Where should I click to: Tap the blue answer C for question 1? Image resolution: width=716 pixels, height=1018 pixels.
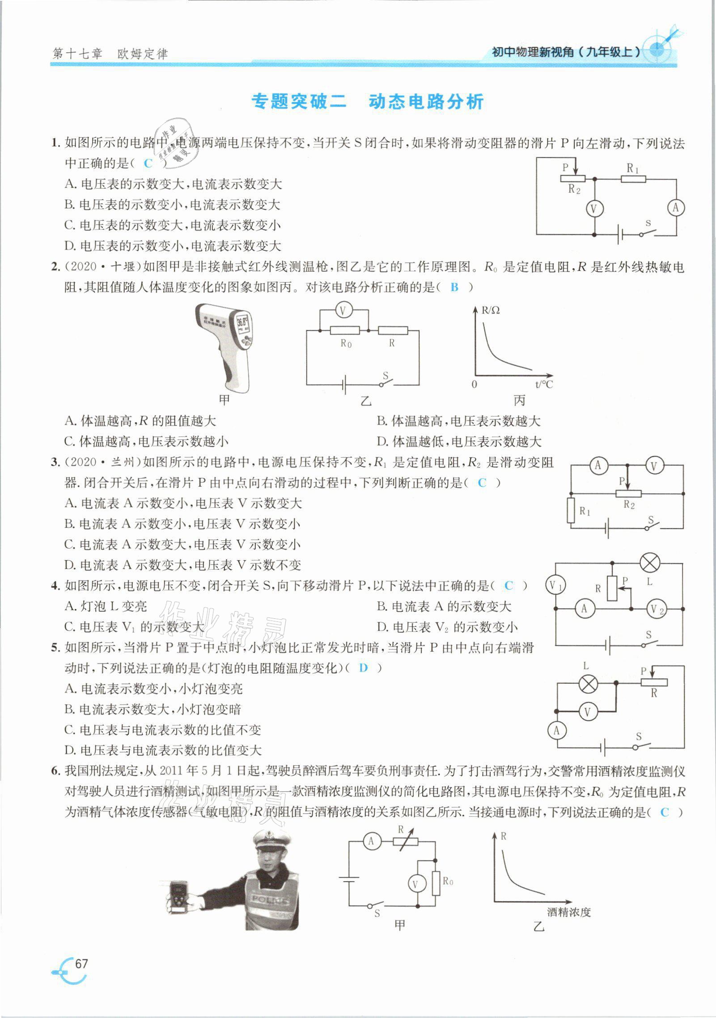[148, 164]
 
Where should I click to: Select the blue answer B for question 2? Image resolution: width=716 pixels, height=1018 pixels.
[454, 287]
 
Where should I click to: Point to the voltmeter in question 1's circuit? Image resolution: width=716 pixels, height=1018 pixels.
[594, 208]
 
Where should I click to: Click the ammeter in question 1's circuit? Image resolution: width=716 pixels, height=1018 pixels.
[675, 207]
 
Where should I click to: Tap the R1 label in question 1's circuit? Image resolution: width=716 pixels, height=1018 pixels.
[632, 168]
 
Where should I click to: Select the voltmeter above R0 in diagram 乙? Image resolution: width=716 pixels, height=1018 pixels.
[343, 311]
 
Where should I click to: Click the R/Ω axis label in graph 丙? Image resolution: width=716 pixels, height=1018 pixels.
[491, 310]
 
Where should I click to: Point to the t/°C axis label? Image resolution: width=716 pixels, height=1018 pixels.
[544, 384]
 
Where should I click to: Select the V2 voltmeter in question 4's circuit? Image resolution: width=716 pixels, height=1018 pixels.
[656, 609]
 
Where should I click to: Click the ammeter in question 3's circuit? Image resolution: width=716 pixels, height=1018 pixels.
[598, 466]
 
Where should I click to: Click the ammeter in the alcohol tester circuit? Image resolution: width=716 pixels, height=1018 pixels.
[371, 842]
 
